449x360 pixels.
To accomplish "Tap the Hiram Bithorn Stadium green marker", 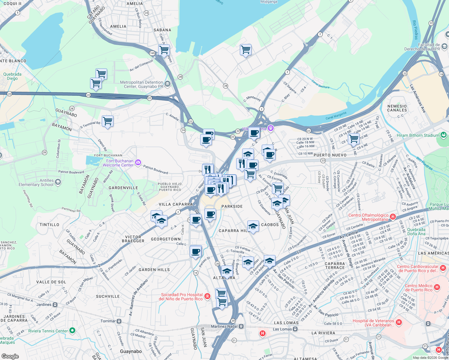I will click(443, 135).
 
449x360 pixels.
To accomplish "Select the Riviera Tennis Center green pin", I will click(72, 331).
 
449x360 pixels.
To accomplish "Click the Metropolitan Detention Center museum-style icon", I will click(167, 84).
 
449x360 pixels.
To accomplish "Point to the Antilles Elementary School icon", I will click(58, 182).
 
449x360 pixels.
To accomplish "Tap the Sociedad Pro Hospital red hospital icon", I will click(207, 297).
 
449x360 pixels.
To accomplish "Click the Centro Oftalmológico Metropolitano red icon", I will click(393, 217).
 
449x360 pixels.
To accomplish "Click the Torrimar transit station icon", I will click(119, 321).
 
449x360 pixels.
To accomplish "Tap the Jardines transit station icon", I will click(55, 304).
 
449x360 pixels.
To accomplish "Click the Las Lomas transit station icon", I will click(295, 329).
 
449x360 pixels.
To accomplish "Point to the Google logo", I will click(10, 356).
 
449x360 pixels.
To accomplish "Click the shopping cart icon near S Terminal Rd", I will click(107, 121).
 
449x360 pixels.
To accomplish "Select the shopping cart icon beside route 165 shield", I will click(164, 50).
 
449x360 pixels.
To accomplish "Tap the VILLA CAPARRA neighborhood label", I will click(176, 204).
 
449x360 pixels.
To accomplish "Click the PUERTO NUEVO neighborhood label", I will click(330, 155).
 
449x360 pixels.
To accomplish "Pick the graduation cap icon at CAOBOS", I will click(253, 226).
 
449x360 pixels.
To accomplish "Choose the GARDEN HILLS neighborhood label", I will click(154, 270).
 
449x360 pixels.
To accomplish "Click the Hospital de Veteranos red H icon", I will click(399, 322).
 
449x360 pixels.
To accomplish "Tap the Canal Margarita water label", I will click(336, 115).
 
